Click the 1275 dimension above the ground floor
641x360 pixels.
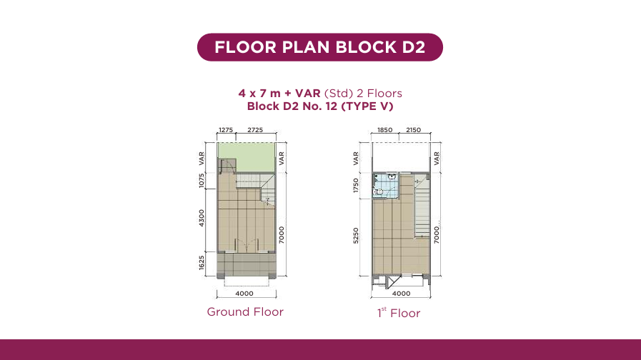[226, 130]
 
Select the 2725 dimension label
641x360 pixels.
[255, 130]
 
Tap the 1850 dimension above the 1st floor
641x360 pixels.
[384, 130]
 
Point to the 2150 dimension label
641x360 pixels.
[413, 130]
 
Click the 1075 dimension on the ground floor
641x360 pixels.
[201, 181]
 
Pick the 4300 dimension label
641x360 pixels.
[201, 218]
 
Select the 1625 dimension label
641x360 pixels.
[201, 263]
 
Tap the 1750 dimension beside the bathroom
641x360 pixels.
[356, 186]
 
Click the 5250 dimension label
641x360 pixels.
[356, 236]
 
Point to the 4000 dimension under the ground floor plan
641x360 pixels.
[244, 294]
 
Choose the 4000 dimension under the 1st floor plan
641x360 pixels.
[401, 294]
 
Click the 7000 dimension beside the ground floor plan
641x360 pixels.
[282, 235]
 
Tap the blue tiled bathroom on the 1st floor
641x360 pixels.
[384, 186]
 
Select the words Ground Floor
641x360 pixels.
[245, 311]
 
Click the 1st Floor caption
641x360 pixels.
[399, 313]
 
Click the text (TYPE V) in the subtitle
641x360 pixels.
[367, 106]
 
